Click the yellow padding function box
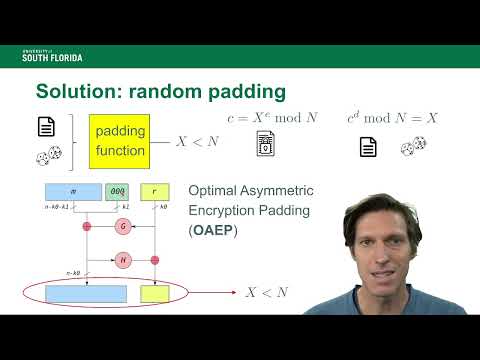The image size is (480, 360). [119, 142]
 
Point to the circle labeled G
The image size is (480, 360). [123, 227]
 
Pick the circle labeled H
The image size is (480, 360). [123, 260]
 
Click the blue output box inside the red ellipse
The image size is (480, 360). [86, 294]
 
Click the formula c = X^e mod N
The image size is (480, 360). [270, 119]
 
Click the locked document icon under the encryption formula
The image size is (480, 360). [266, 147]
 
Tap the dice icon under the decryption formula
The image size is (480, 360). [409, 148]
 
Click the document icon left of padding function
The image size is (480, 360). [45, 127]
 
